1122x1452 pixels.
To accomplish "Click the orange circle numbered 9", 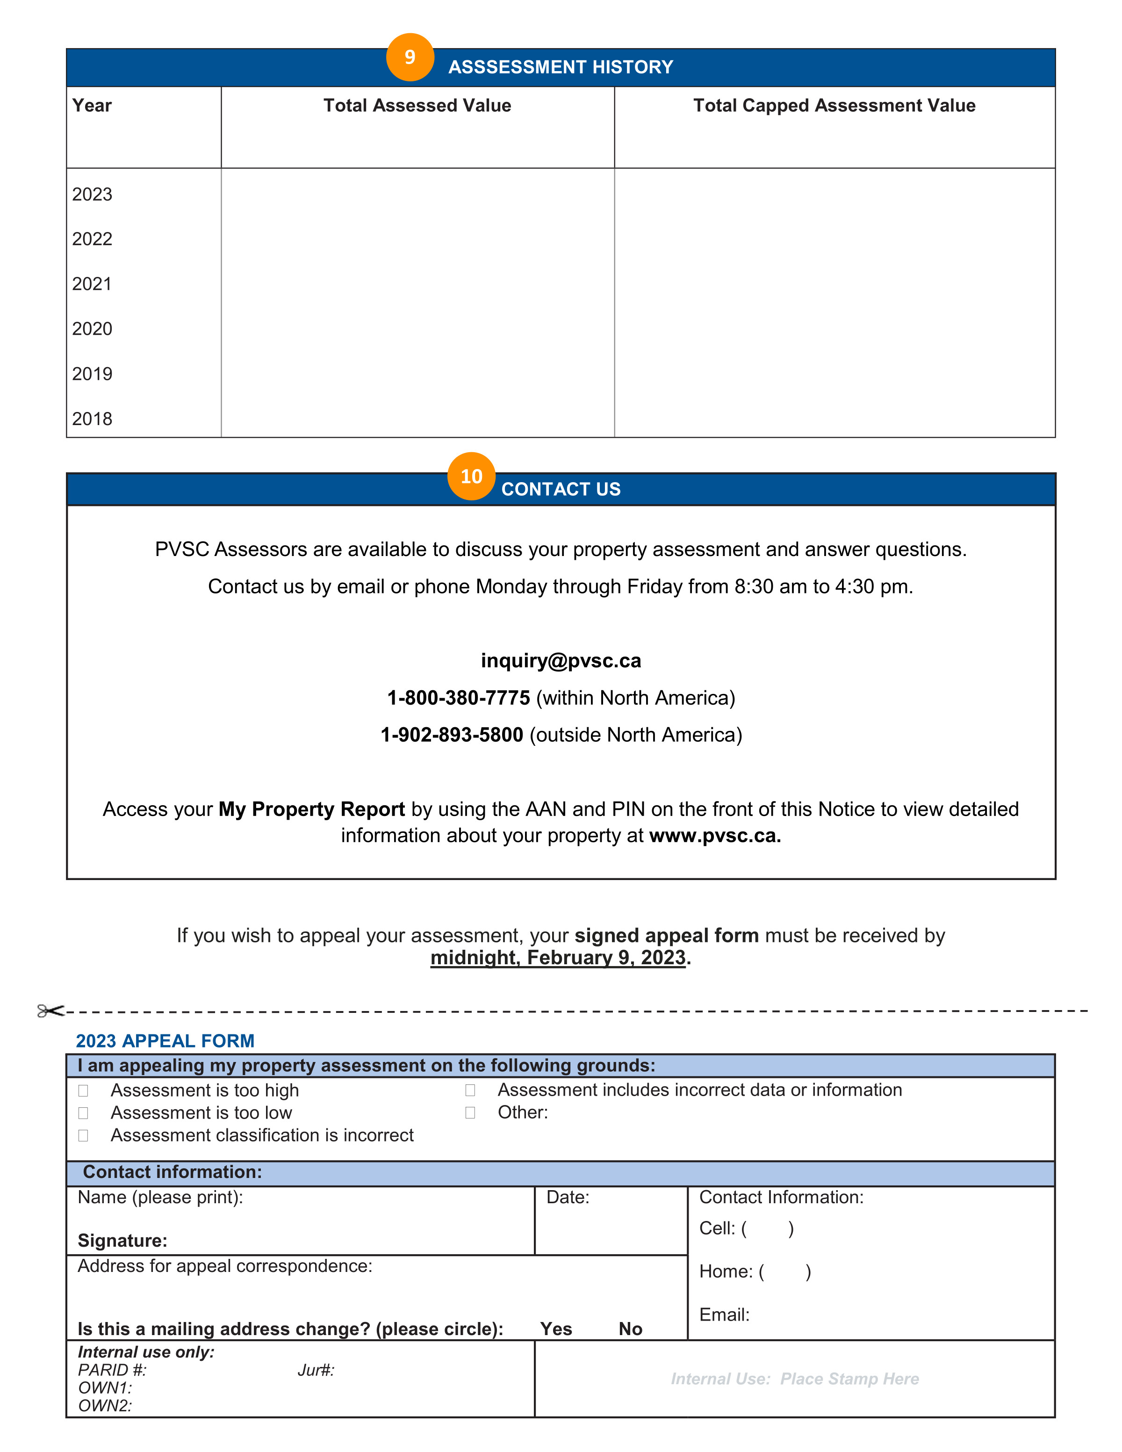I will tap(410, 57).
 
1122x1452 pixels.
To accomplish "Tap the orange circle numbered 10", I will tap(471, 476).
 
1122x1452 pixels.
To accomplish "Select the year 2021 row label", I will tap(93, 284).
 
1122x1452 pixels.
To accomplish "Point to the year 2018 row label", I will tap(93, 419).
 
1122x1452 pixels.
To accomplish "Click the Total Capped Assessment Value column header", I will tap(834, 106).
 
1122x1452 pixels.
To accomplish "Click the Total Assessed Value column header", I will tap(417, 106).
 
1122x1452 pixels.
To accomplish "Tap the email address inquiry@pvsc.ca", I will tap(561, 661).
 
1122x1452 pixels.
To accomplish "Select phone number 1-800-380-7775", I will tap(459, 698).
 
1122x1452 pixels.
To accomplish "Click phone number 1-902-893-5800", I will tap(452, 735).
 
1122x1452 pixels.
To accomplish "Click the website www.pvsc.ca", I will tap(714, 836).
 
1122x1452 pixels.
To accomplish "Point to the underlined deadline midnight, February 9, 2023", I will tap(558, 958).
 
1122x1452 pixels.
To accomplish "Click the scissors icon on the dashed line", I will tap(50, 1011).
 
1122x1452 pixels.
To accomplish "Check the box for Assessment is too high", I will tap(83, 1091).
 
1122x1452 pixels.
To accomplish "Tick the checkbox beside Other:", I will tap(470, 1113).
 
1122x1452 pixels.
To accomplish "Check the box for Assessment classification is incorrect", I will tap(83, 1135).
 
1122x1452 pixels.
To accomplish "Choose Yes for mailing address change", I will tap(556, 1329).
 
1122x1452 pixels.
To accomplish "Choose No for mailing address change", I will tap(630, 1329).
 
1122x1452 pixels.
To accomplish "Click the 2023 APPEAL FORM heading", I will tap(165, 1041).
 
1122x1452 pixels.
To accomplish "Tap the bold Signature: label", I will tap(122, 1241).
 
